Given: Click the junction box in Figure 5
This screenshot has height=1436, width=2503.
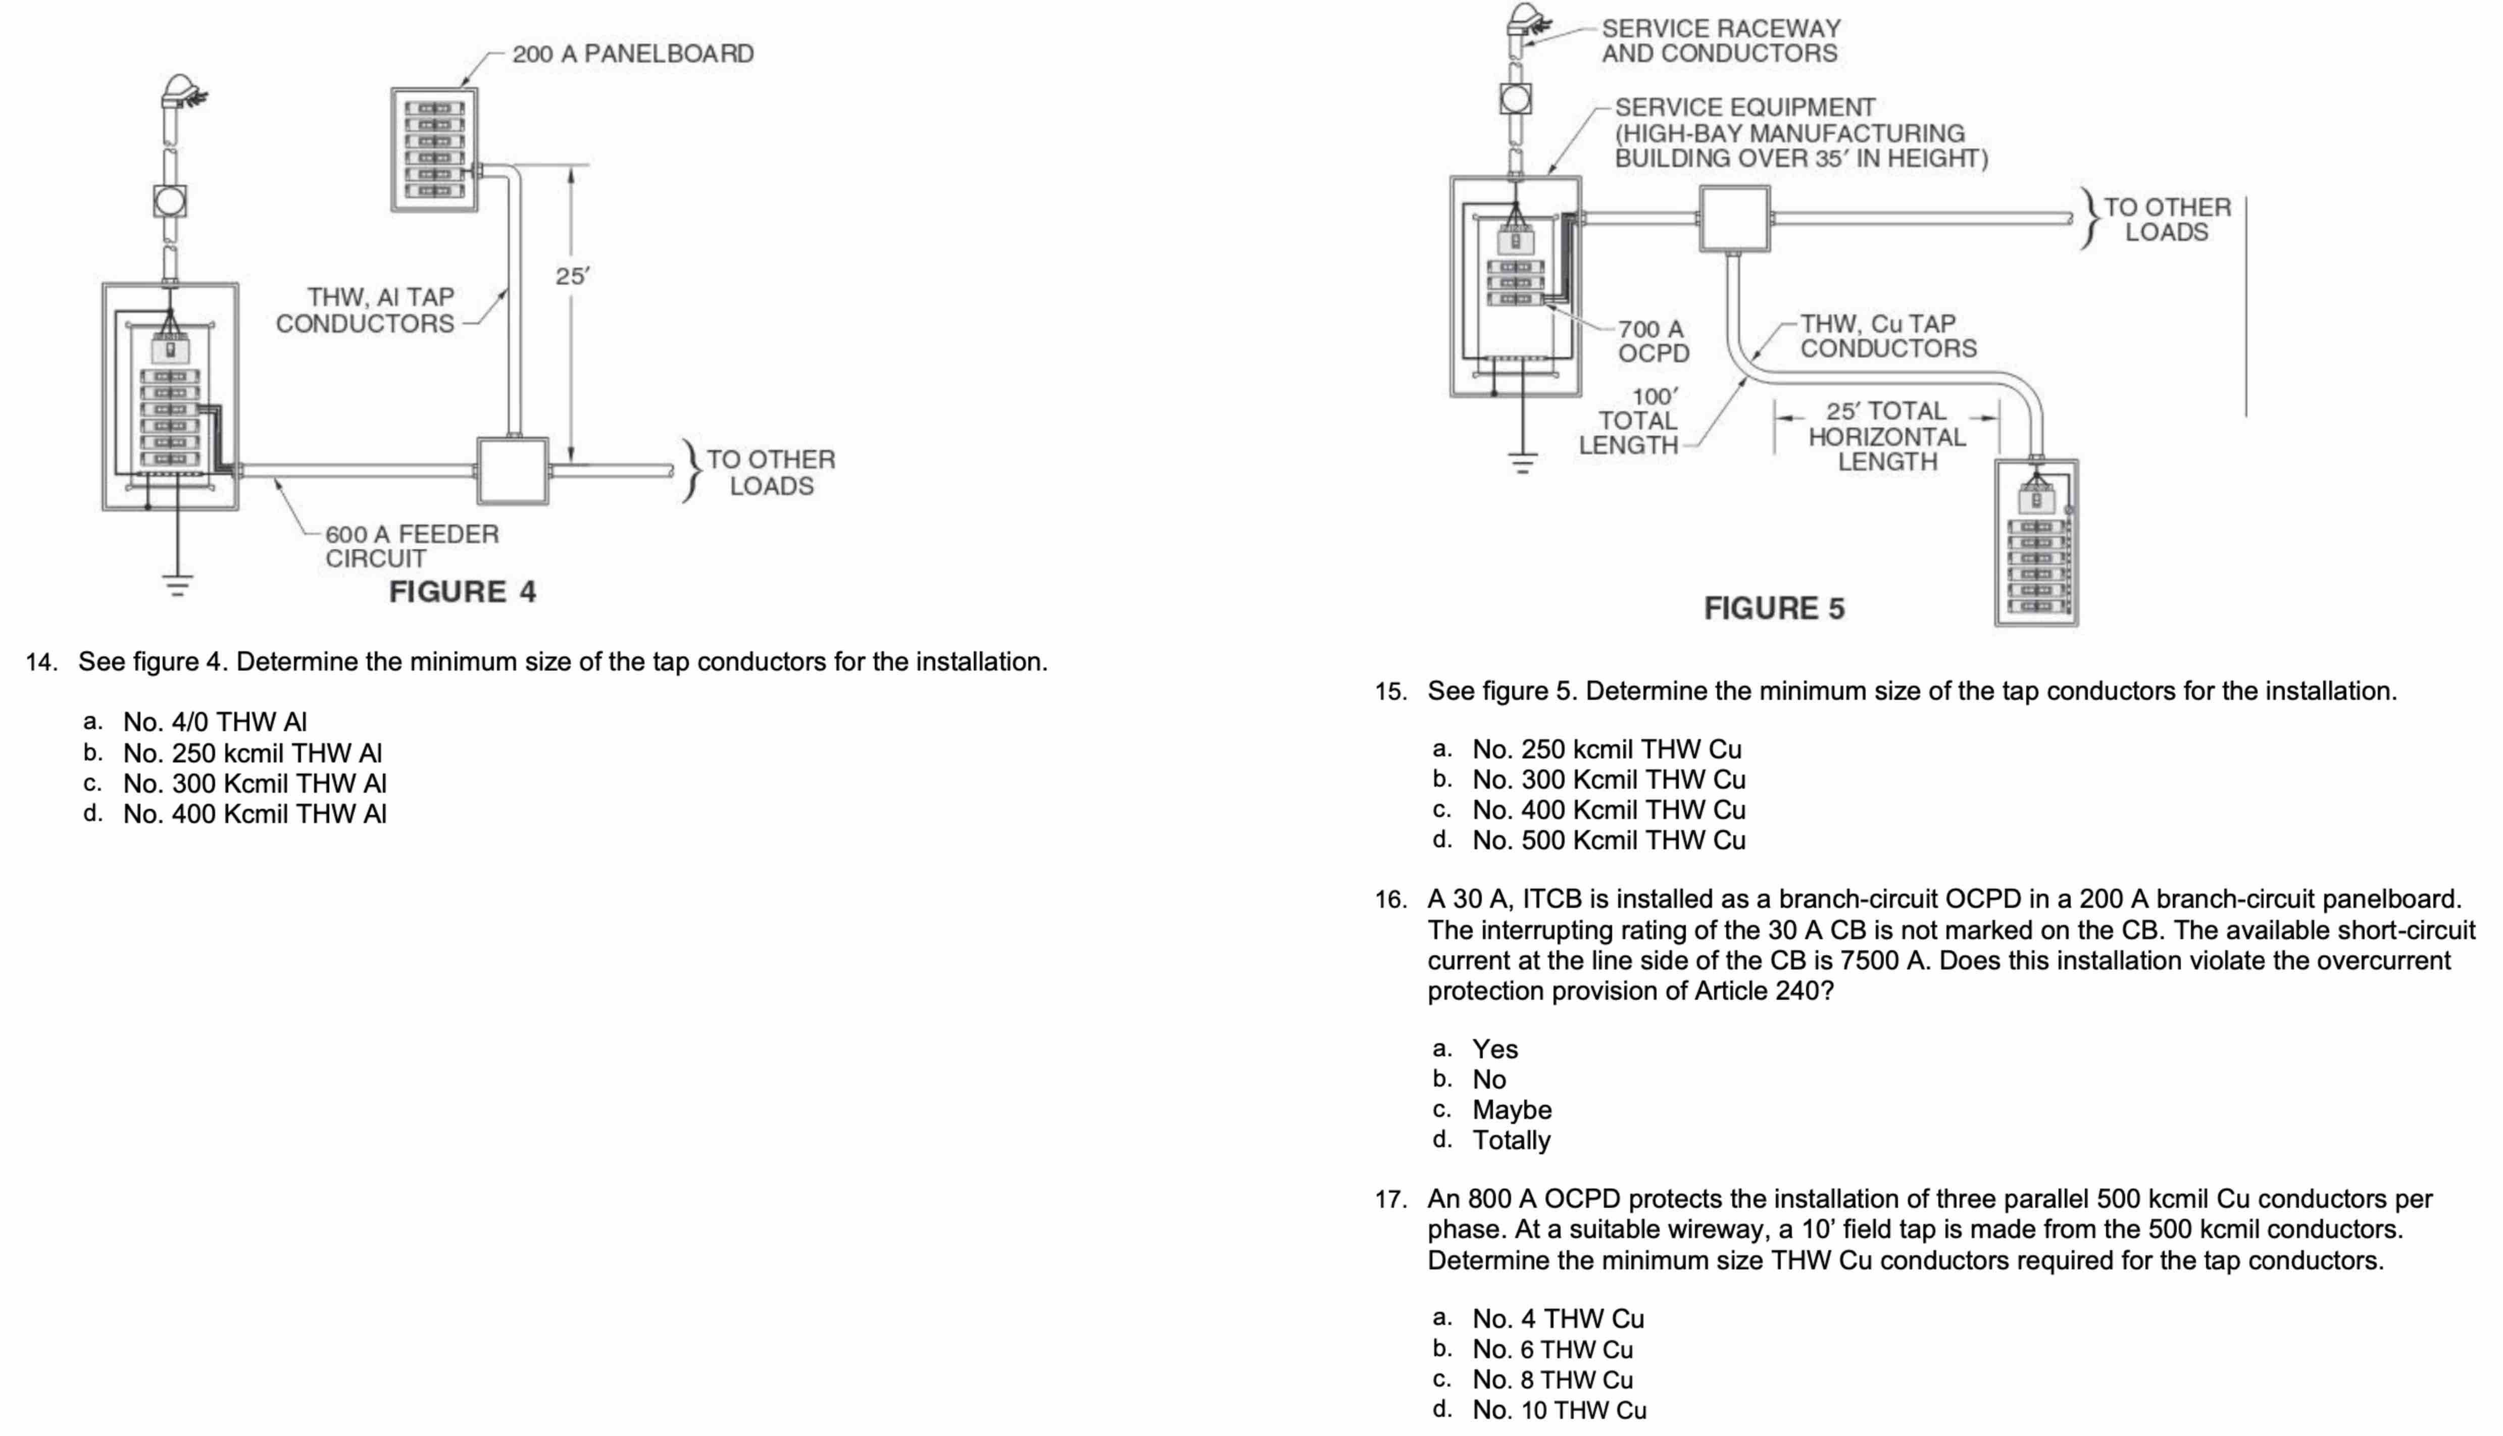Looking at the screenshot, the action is pyautogui.click(x=1734, y=218).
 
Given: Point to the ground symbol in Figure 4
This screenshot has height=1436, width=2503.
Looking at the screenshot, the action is pyautogui.click(x=177, y=586).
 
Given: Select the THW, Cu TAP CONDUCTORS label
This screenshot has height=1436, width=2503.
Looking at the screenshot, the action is pyautogui.click(x=1888, y=336).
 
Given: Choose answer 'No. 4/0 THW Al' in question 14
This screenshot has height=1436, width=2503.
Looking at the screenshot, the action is pyautogui.click(x=215, y=722).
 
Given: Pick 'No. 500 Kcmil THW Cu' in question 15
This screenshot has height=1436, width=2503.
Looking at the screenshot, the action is pyautogui.click(x=1609, y=840).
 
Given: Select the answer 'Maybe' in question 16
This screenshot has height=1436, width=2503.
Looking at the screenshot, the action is pyautogui.click(x=1511, y=1109).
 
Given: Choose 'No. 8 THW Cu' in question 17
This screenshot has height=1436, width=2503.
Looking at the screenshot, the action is pyautogui.click(x=1553, y=1380).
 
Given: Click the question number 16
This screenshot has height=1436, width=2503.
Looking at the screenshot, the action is pyautogui.click(x=1390, y=899).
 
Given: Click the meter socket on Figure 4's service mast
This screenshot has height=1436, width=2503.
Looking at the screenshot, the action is pyautogui.click(x=170, y=201).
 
